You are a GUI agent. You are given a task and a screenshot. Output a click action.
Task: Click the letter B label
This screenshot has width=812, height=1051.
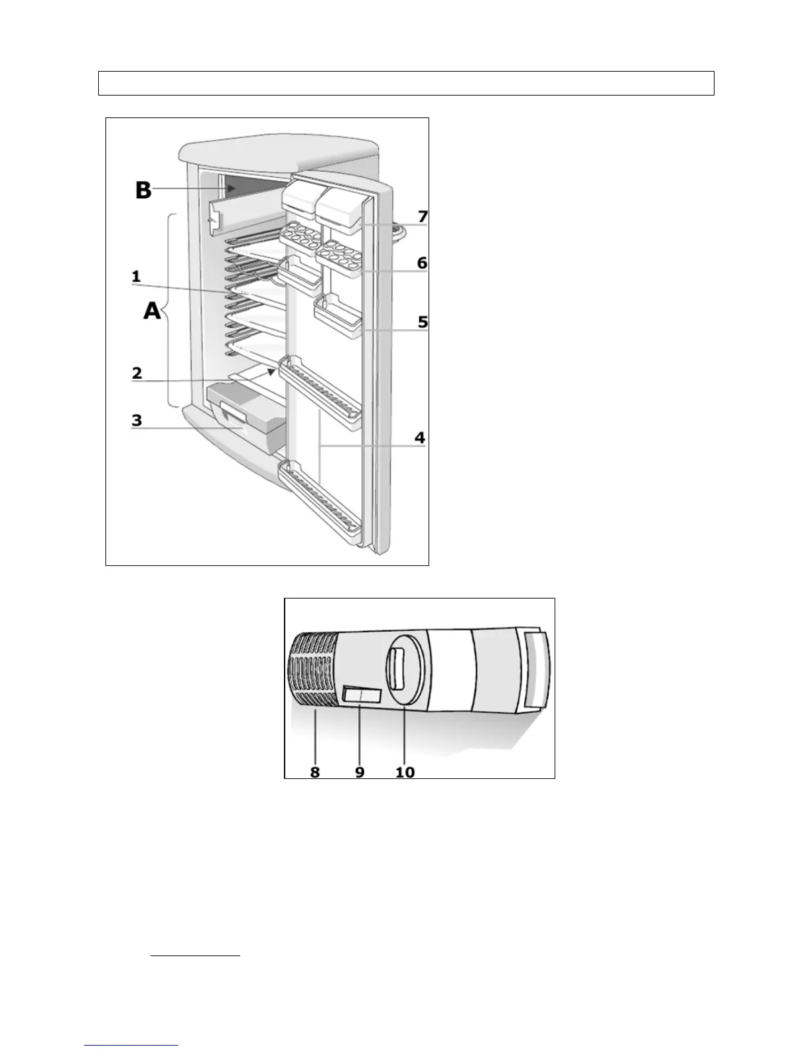click(143, 190)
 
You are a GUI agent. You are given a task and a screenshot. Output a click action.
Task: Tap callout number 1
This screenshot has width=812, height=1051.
click(136, 277)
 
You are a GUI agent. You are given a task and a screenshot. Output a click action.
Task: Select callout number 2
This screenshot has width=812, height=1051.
click(137, 373)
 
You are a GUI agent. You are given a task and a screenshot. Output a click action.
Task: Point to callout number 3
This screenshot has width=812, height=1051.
click(137, 420)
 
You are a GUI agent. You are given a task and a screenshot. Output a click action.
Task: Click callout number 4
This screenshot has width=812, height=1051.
click(419, 437)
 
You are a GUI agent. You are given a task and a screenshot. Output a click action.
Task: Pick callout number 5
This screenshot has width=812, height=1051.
click(422, 322)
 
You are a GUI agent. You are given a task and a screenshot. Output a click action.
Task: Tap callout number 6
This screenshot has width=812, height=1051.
click(422, 263)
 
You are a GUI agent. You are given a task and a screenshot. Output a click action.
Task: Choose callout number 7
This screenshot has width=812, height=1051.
click(423, 216)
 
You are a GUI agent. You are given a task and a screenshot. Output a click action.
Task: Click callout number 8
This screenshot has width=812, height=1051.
click(314, 772)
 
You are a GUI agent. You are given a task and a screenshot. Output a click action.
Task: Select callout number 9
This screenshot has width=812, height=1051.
click(360, 772)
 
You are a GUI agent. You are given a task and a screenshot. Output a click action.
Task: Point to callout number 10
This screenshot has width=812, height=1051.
click(405, 772)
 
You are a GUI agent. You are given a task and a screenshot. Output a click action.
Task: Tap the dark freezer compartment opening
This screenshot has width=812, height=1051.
click(252, 188)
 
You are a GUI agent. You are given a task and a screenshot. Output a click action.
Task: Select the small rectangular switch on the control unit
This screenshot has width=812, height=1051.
click(362, 695)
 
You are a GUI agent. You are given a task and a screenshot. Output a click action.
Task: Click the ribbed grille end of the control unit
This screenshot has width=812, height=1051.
click(313, 670)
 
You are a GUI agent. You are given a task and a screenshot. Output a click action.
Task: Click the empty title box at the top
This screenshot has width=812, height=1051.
click(406, 84)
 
